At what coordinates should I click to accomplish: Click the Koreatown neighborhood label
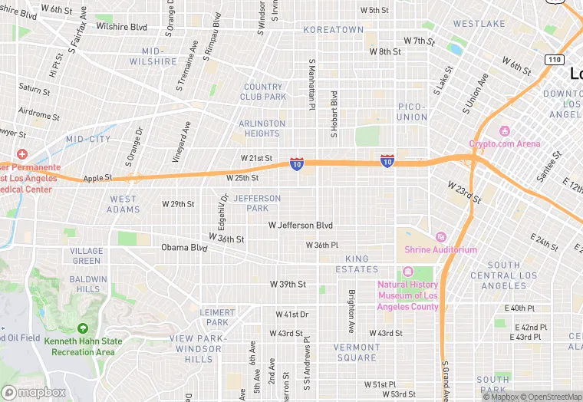333,30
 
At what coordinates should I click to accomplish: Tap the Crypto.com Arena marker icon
504,130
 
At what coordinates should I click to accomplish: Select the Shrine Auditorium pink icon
440,236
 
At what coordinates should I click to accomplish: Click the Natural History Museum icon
407,272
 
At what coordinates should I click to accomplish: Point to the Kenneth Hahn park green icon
82,328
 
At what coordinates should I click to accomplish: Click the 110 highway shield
554,59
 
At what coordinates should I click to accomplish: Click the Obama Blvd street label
184,248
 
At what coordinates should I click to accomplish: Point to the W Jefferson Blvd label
300,226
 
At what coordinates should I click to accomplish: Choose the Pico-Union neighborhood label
412,112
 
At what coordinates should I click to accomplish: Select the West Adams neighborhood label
123,204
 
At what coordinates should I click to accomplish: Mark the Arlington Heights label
262,128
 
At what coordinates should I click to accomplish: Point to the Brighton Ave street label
351,305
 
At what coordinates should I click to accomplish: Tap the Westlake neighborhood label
479,24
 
